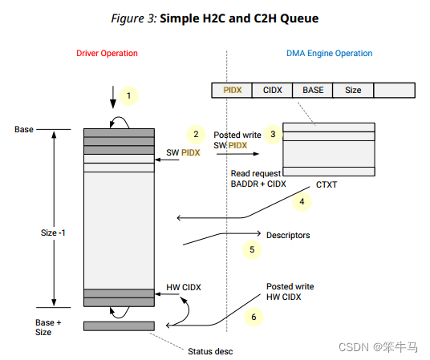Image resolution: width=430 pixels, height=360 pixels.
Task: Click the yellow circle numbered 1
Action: coord(128,95)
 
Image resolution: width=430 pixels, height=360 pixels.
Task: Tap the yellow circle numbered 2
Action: coord(193,134)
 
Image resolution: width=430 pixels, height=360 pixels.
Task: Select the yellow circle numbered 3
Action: coord(273,134)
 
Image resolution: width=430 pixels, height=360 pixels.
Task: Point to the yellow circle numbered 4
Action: coord(302,202)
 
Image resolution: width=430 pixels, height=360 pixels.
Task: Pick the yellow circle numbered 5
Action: coord(252,249)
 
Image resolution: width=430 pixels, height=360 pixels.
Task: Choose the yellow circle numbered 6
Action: coord(254,317)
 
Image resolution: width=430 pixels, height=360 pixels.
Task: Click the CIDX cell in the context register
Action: coord(273,91)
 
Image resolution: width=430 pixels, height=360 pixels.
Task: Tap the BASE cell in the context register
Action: coord(313,91)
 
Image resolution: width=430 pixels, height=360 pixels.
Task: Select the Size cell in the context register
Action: coord(353,91)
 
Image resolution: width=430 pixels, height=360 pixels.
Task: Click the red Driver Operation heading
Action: coord(107,54)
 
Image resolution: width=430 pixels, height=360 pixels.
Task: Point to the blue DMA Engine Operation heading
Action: coord(329,54)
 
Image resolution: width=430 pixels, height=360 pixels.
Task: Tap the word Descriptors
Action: coord(287,236)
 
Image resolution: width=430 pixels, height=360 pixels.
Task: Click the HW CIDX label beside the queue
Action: coord(183,286)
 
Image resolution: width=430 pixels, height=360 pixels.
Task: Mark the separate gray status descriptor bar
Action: coord(119,326)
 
